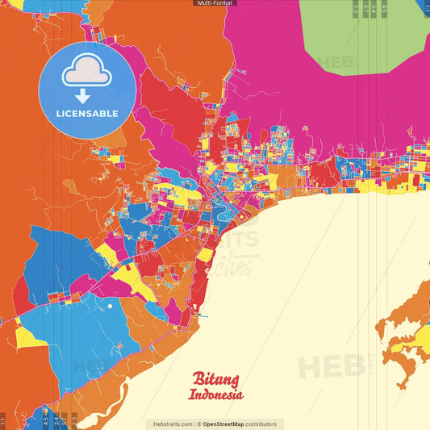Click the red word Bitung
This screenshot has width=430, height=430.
[x=215, y=379]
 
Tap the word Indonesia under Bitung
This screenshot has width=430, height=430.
[x=215, y=395]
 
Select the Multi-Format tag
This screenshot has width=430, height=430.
[x=215, y=3]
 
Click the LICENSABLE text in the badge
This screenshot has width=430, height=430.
[x=87, y=113]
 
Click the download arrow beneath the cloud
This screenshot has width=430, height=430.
[x=87, y=94]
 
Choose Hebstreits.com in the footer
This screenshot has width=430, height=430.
[x=170, y=424]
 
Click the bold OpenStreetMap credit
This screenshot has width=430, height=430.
[x=228, y=424]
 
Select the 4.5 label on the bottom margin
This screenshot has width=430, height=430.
[x=46, y=420]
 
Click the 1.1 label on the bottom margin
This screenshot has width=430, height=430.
[x=3, y=420]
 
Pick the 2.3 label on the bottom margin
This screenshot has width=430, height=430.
[x=73, y=420]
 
